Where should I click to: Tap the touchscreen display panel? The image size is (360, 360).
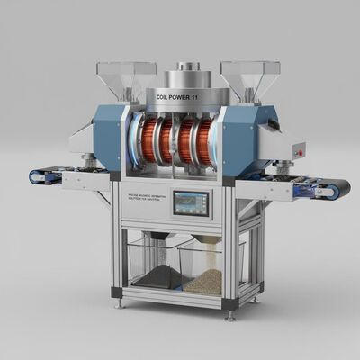pos(192,203)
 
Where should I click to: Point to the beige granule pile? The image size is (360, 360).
pos(205,281)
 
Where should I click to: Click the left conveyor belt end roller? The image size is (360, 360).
pos(36,177)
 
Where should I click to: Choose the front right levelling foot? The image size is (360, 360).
pos(230,315)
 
